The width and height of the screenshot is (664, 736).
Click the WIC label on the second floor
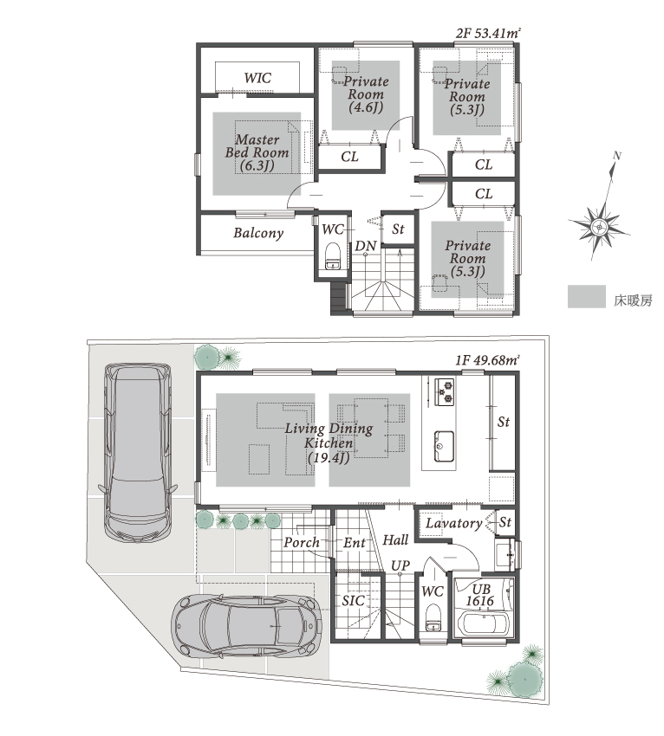click(x=257, y=77)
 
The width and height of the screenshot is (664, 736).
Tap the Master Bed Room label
click(x=257, y=152)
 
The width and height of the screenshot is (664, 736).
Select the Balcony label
click(x=258, y=233)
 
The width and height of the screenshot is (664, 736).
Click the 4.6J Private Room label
click(x=366, y=94)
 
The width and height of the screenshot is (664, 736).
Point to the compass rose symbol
click(x=599, y=227)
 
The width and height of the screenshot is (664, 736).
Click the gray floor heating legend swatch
click(x=587, y=297)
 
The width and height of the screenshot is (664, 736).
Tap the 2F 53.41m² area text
click(x=488, y=33)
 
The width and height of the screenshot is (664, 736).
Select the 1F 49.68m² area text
click(x=487, y=360)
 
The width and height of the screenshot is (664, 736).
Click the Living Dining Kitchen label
click(x=329, y=442)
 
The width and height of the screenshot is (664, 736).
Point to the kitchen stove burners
click(x=445, y=391)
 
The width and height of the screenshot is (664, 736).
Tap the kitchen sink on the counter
click(x=443, y=446)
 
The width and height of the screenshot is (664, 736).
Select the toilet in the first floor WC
click(x=433, y=617)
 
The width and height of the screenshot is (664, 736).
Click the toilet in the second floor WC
click(x=333, y=255)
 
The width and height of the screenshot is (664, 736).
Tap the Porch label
click(x=301, y=543)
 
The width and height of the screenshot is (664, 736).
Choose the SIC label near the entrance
click(x=353, y=600)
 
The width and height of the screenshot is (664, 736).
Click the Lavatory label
click(x=453, y=523)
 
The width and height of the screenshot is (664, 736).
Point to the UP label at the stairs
click(x=400, y=566)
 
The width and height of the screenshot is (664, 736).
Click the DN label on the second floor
click(x=366, y=246)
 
